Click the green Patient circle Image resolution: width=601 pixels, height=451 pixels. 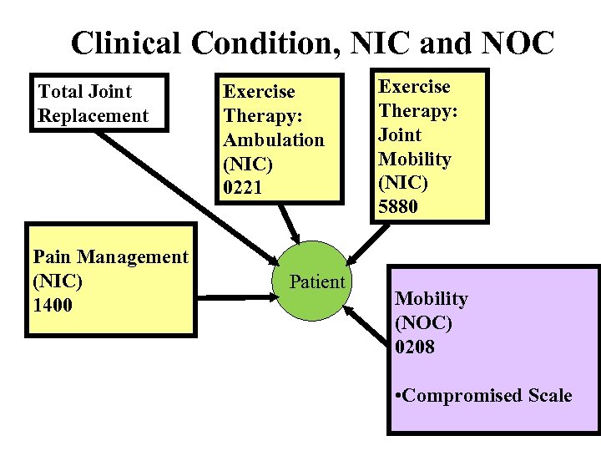point(316,282)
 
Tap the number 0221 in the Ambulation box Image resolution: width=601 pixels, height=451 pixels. point(243,188)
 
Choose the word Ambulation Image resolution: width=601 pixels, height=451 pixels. point(274,139)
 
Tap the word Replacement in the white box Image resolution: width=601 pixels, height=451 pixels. point(93,115)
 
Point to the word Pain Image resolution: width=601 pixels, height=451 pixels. point(52,256)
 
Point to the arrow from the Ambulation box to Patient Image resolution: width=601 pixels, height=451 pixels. point(289,221)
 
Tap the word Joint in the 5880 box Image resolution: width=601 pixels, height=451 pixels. point(401,134)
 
